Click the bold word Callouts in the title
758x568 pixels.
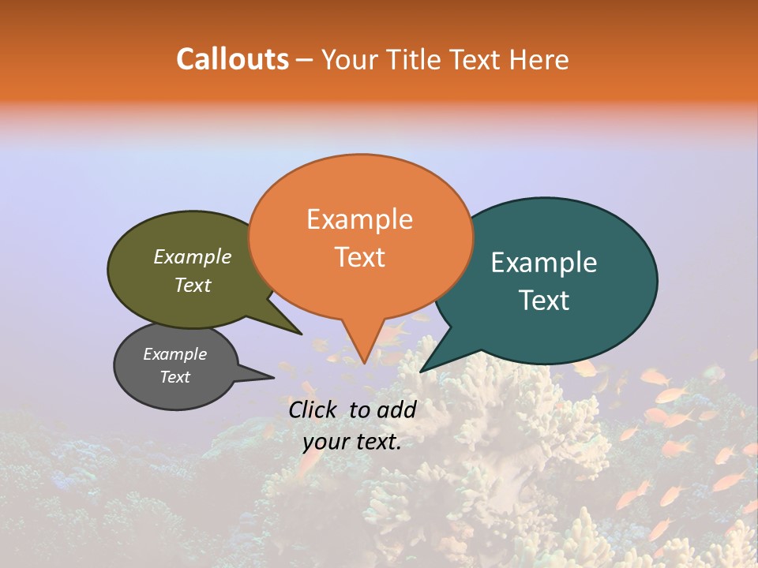(x=232, y=59)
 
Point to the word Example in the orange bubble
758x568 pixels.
(x=359, y=219)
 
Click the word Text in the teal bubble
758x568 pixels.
(x=544, y=301)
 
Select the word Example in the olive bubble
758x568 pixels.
(x=193, y=256)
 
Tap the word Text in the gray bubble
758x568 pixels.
(x=175, y=377)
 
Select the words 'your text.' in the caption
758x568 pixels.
(x=352, y=442)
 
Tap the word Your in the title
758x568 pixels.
(x=348, y=59)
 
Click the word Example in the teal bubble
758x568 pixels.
(x=544, y=263)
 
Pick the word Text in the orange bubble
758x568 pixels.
(x=360, y=256)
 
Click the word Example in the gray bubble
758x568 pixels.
(x=175, y=354)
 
